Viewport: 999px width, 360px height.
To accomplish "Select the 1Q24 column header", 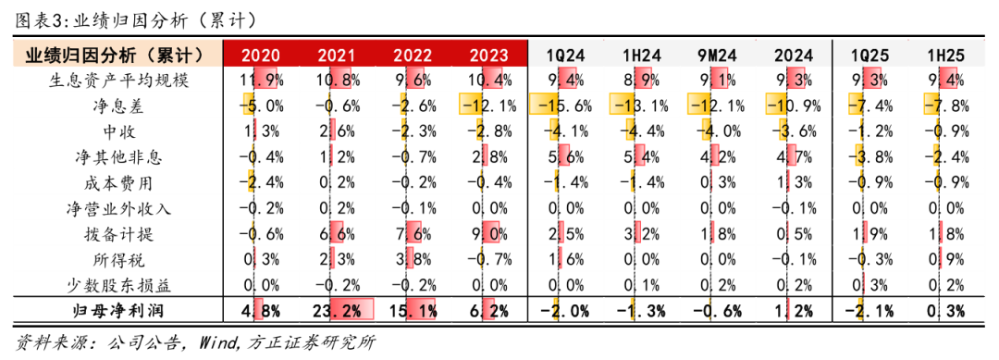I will coord(563,56).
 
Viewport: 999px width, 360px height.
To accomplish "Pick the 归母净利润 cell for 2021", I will coord(338,309).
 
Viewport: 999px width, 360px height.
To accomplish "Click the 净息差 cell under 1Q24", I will coord(563,106).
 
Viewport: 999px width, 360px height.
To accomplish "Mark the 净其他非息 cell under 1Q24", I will coord(563,156).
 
